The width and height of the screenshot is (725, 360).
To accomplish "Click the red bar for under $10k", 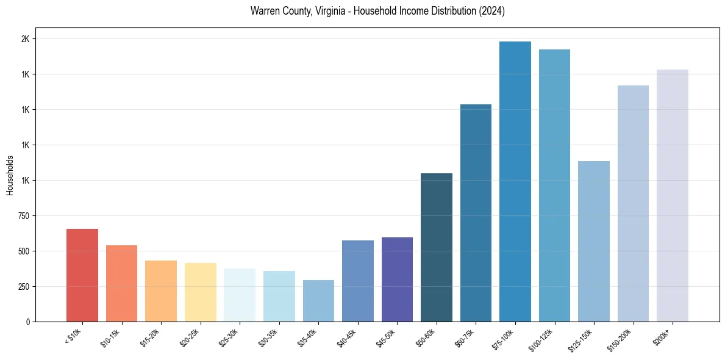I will (82, 275).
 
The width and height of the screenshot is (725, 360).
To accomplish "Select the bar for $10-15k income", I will (121, 283).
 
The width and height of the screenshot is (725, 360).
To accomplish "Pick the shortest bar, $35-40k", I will (318, 301).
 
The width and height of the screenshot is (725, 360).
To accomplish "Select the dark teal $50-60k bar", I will (437, 247).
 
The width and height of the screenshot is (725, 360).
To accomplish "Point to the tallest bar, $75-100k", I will (515, 181).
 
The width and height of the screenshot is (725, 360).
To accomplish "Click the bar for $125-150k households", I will (593, 241).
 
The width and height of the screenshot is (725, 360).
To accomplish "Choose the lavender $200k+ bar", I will (672, 195).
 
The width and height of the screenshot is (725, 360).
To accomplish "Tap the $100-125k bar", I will (554, 185).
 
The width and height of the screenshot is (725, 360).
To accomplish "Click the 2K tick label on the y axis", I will (26, 39).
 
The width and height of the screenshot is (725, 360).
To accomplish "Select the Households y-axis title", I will (10, 175).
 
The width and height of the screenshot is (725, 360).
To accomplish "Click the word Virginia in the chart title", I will (331, 11).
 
